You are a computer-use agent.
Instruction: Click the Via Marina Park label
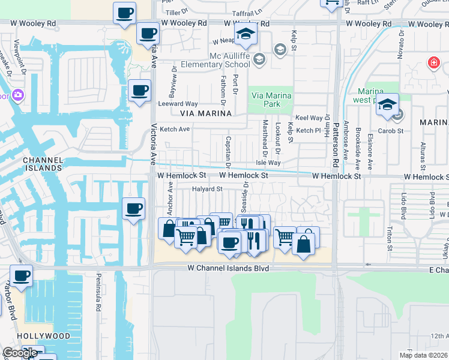pyautogui.click(x=271, y=100)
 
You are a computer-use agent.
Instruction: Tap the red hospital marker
pyautogui.click(x=433, y=62)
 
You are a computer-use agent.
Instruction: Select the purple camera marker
pyautogui.click(x=17, y=95)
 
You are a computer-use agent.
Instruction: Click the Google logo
pyautogui.click(x=20, y=353)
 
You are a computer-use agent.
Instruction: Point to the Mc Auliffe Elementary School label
pyautogui.click(x=230, y=60)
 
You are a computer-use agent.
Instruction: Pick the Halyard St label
pyautogui.click(x=207, y=189)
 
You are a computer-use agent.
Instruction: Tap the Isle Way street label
pyautogui.click(x=268, y=163)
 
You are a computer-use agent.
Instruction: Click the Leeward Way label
pyautogui.click(x=178, y=104)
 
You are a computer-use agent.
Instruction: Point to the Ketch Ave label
pyautogui.click(x=175, y=129)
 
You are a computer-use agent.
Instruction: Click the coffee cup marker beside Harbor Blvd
pyautogui.click(x=21, y=276)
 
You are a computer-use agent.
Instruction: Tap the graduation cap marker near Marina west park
pyautogui.click(x=387, y=104)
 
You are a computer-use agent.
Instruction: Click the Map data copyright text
pyautogui.click(x=424, y=355)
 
